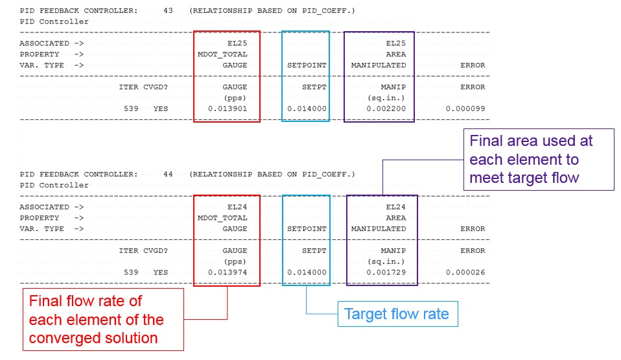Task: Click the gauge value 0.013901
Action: pyautogui.click(x=228, y=109)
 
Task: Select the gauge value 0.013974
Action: pyautogui.click(x=228, y=272)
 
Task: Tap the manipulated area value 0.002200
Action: pyautogui.click(x=386, y=109)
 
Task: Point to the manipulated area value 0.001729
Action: pyautogui.click(x=386, y=272)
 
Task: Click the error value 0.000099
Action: pyautogui.click(x=465, y=109)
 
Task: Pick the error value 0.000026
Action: pyautogui.click(x=465, y=272)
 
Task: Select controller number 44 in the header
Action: pyautogui.click(x=169, y=174)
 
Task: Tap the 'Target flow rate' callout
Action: pyautogui.click(x=397, y=315)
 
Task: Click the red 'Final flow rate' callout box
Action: pyautogui.click(x=103, y=319)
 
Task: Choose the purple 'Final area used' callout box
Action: pyautogui.click(x=538, y=160)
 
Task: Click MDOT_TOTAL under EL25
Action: pyautogui.click(x=222, y=54)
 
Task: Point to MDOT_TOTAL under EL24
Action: pyautogui.click(x=222, y=218)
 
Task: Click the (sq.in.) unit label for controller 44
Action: pyautogui.click(x=386, y=261)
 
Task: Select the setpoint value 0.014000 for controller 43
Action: pyautogui.click(x=307, y=109)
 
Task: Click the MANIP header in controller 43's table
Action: pyautogui.click(x=393, y=87)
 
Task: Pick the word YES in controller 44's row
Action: pyautogui.click(x=160, y=272)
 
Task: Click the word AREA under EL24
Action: pyautogui.click(x=396, y=218)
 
